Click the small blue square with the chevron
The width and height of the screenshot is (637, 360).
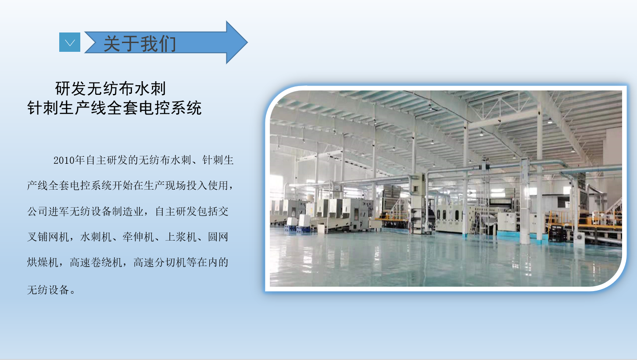(70, 42)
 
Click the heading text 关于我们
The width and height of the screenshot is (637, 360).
(140, 44)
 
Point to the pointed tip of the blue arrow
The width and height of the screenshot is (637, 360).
(247, 43)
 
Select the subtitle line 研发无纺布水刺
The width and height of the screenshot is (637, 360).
(111, 89)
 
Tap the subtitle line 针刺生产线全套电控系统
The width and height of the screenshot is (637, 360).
(115, 108)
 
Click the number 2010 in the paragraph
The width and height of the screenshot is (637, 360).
(64, 160)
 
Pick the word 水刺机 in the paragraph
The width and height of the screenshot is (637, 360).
(96, 237)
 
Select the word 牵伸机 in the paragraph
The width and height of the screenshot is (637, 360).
(138, 237)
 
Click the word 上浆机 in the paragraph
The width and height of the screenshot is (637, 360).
(181, 237)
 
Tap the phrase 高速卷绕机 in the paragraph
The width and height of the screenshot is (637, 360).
(96, 263)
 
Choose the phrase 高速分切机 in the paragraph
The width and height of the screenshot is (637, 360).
(160, 263)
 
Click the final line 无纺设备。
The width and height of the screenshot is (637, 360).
(51, 290)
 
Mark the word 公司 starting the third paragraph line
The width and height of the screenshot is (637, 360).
(37, 211)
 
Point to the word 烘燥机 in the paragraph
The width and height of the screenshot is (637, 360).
(43, 263)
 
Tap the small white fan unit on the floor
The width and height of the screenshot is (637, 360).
(579, 237)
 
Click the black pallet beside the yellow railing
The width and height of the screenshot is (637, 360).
(557, 233)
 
